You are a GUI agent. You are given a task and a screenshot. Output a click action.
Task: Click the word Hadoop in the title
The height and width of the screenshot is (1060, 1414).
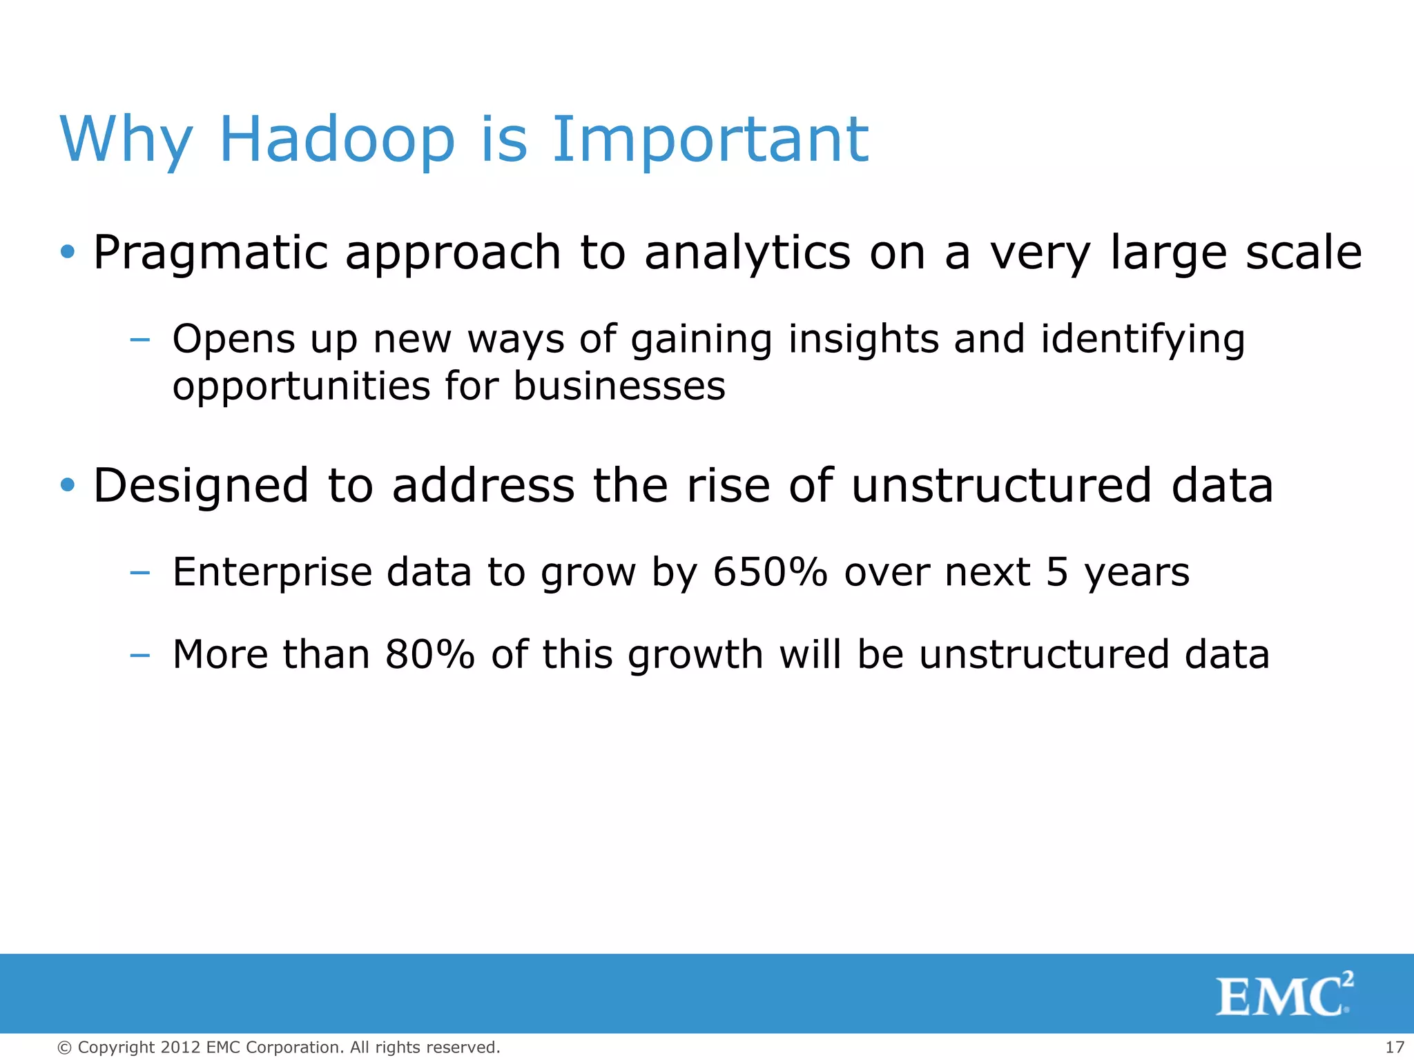[x=337, y=139]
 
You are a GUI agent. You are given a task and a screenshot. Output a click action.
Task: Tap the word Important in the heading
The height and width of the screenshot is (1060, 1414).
[x=710, y=141]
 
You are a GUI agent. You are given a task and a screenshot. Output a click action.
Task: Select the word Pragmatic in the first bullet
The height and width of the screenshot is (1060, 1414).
[x=210, y=254]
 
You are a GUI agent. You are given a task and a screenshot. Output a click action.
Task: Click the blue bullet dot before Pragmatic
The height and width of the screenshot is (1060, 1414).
[x=67, y=252]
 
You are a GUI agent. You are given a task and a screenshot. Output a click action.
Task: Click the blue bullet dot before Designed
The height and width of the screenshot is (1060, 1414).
[x=67, y=485]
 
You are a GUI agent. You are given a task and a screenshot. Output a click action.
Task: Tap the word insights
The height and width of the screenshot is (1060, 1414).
[x=863, y=340]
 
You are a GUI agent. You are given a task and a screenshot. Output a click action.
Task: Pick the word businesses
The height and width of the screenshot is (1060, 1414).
[x=619, y=386]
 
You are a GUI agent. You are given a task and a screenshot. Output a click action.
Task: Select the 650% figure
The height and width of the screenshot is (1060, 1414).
[x=770, y=572]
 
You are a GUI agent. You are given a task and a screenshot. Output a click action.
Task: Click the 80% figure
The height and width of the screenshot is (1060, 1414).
[x=429, y=654]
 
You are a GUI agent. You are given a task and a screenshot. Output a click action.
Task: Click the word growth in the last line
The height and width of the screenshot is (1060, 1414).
[x=695, y=656]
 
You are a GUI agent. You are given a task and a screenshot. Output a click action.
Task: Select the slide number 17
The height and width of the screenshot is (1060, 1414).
[x=1394, y=1048]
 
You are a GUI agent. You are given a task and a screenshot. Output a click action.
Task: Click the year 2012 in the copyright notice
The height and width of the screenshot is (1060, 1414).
[x=181, y=1048]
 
